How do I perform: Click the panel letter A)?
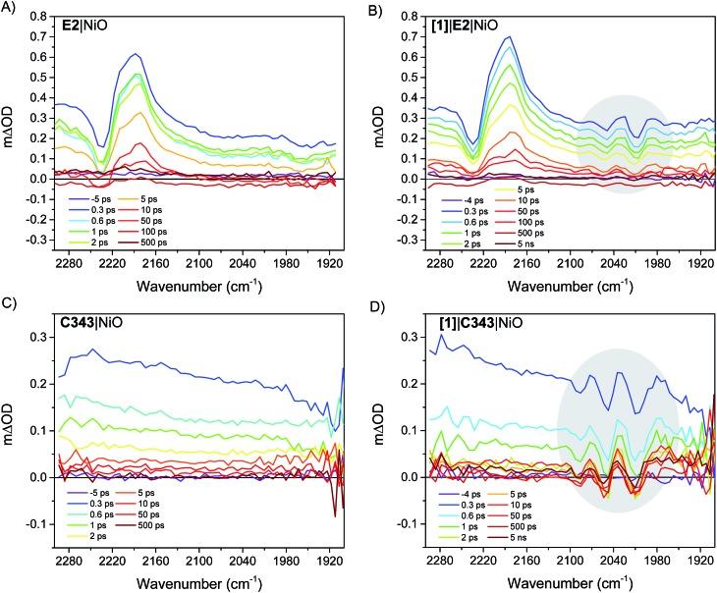tap(10, 9)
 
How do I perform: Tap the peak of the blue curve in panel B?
tap(509, 37)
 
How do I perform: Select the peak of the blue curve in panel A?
tap(136, 54)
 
